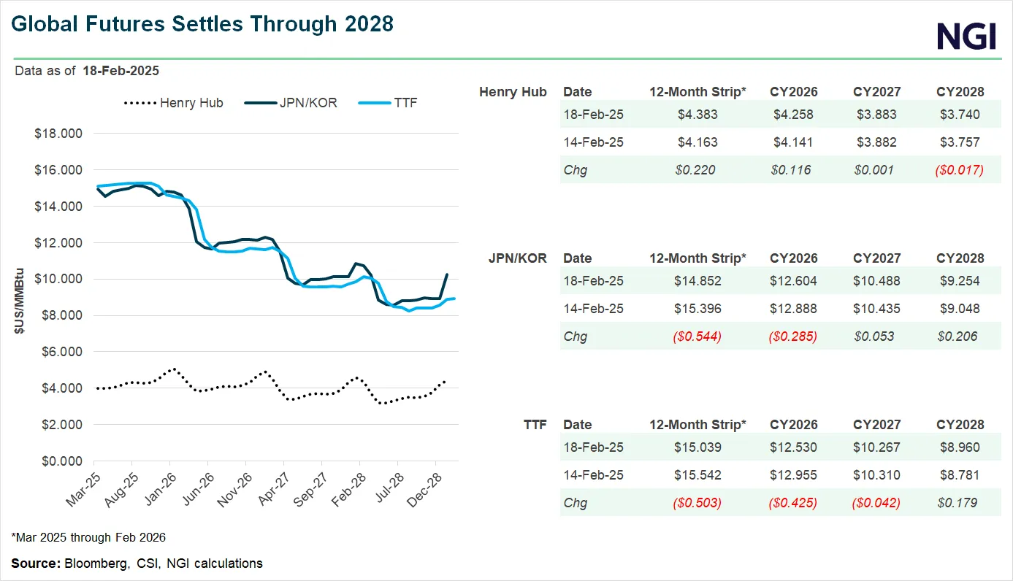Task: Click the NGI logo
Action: (966, 35)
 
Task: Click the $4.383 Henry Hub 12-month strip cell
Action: (697, 115)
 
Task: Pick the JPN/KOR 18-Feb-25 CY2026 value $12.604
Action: (793, 281)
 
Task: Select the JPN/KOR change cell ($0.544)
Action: (697, 336)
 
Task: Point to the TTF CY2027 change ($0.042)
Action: (876, 503)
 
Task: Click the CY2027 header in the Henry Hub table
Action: (876, 92)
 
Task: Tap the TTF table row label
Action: (535, 425)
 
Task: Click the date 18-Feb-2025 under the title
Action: (121, 71)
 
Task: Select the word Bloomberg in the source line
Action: (91, 563)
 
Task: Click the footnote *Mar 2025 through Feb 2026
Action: (88, 538)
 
